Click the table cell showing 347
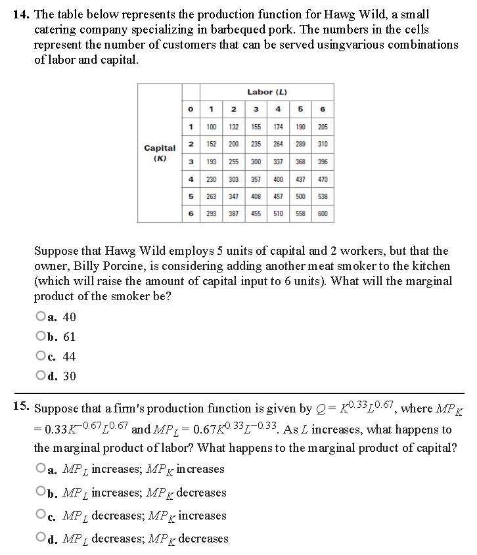[234, 196]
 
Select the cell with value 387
[234, 213]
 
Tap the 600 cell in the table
[323, 213]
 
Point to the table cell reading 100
[212, 127]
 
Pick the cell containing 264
[279, 144]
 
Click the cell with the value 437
[301, 179]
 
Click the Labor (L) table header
[267, 92]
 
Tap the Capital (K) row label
[160, 153]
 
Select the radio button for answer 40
[41, 317]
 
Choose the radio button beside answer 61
[41, 337]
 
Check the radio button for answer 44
[41, 357]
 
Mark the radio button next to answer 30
[41, 376]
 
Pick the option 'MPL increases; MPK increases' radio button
[41, 470]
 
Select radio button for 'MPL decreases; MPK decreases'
[41, 539]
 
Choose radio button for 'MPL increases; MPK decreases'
[41, 493]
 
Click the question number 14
[21, 13]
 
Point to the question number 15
[21, 407]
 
